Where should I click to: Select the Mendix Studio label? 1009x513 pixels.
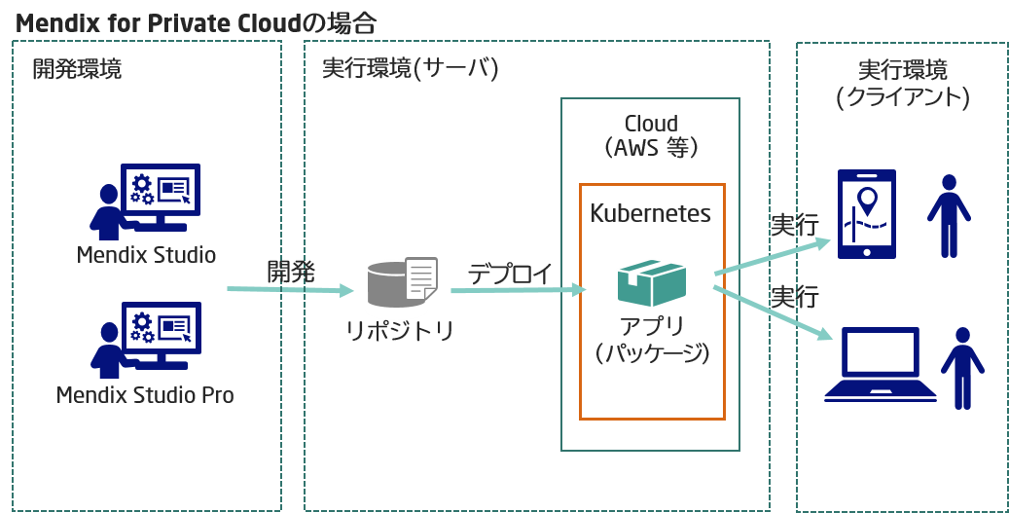tap(146, 255)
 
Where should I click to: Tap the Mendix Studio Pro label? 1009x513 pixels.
tap(145, 395)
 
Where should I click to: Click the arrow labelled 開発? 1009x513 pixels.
tap(290, 290)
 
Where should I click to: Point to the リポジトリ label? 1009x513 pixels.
tap(401, 331)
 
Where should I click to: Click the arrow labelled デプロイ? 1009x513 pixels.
tap(518, 289)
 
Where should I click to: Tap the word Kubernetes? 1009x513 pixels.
tap(651, 213)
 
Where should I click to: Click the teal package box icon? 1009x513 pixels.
tap(652, 282)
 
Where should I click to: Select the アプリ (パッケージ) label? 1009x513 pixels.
tap(652, 340)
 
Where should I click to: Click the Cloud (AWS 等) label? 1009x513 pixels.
tap(651, 136)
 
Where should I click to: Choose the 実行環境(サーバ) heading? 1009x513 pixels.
tap(410, 69)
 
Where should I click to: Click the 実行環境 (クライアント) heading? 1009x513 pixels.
tap(903, 84)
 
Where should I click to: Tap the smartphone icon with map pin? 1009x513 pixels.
tap(867, 214)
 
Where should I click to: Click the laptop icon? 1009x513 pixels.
tap(881, 365)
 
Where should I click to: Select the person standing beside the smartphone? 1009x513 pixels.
tap(948, 215)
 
